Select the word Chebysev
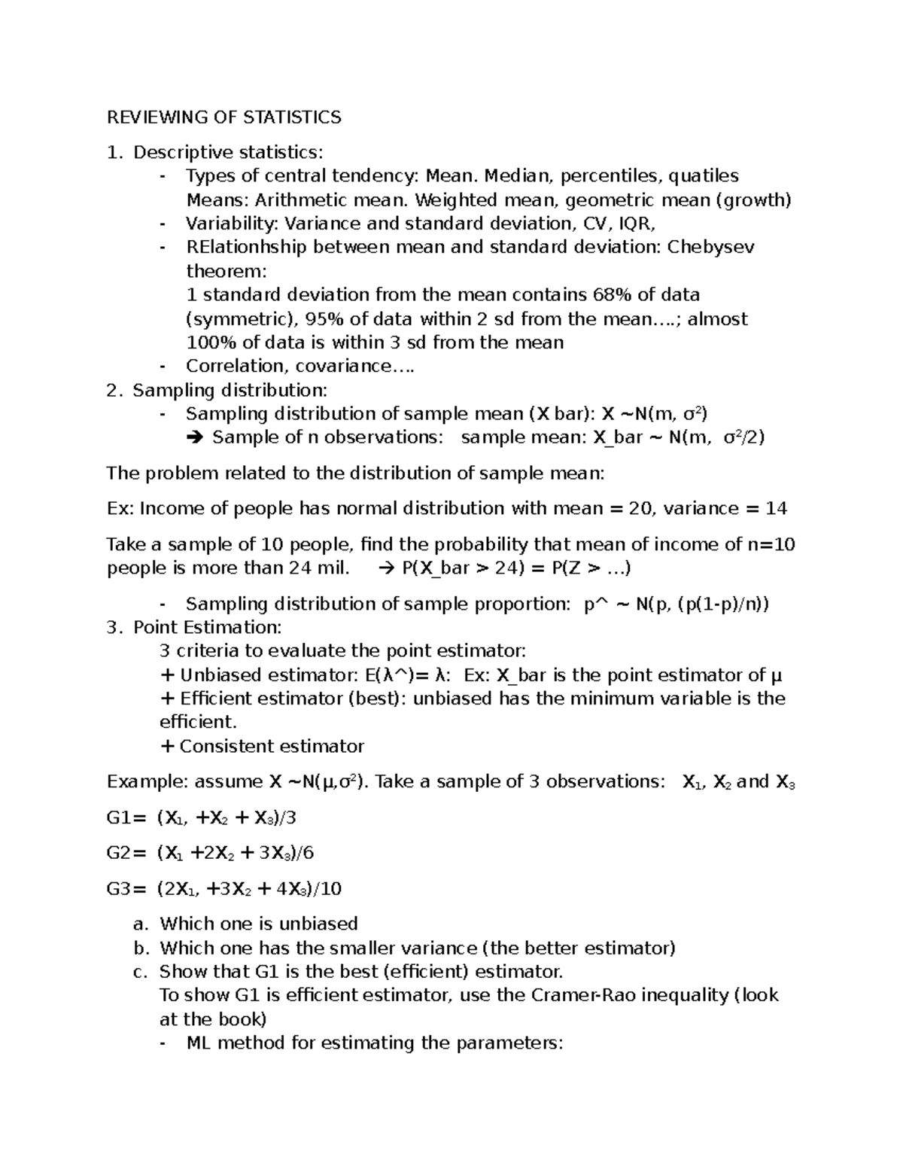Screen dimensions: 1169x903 711,247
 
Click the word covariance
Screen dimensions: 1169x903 351,366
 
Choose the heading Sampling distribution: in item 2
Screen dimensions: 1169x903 230,390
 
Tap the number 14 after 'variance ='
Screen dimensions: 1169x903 776,508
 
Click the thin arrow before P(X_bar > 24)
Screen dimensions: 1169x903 388,568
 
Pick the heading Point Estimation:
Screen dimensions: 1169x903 207,627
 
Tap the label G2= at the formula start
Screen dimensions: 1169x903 128,852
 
